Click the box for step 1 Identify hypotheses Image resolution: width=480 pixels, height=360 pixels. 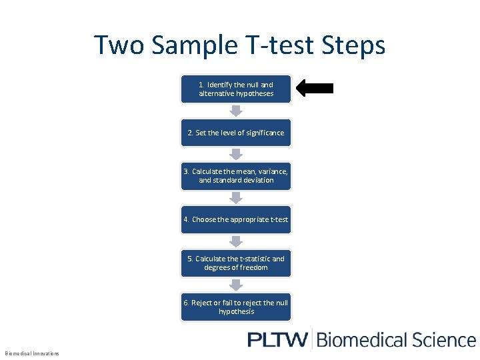click(x=236, y=89)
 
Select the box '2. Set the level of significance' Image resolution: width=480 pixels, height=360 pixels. click(x=236, y=133)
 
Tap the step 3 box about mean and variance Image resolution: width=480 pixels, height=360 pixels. click(x=236, y=176)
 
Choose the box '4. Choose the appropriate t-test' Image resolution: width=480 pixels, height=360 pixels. click(x=236, y=219)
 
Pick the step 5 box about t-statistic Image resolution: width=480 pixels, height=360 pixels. click(x=236, y=263)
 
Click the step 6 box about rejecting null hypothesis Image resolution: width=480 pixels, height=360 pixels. click(x=236, y=307)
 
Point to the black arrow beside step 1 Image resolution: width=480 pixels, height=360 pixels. click(x=315, y=88)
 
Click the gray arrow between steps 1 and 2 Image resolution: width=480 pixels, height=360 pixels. click(x=236, y=111)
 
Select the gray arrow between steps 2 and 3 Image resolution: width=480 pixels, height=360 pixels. click(x=236, y=154)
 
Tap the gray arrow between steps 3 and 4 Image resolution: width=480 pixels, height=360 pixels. click(x=236, y=197)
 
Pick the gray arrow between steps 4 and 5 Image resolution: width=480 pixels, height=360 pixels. click(x=236, y=241)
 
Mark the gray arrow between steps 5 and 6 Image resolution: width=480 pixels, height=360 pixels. click(x=236, y=285)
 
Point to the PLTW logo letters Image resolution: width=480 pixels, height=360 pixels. click(x=277, y=339)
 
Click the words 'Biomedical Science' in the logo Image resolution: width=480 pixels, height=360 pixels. click(x=396, y=339)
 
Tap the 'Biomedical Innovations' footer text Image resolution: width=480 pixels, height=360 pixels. click(x=32, y=353)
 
